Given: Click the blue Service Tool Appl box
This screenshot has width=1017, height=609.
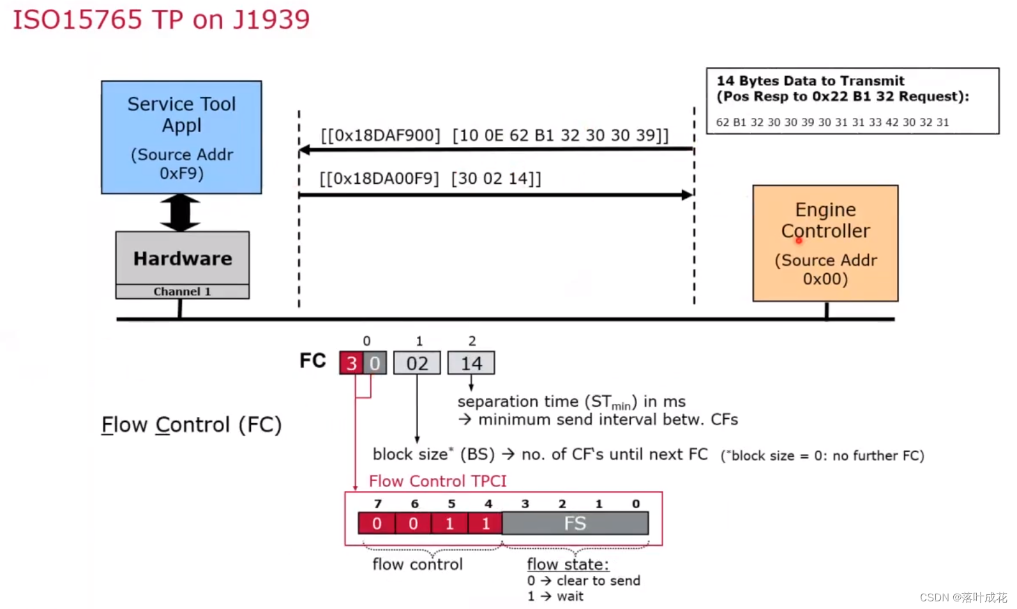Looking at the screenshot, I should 181,137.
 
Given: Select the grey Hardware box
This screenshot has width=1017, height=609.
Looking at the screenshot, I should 183,258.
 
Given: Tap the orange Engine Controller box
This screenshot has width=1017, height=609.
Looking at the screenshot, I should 825,243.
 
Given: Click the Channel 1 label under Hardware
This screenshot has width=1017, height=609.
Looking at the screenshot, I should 182,292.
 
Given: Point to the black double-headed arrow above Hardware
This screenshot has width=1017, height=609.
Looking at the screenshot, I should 180,213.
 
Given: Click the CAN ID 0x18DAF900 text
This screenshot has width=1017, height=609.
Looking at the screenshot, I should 380,135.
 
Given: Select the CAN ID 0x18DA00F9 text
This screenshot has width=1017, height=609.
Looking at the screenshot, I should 379,179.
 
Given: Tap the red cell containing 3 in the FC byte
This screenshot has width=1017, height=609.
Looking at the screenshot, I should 351,363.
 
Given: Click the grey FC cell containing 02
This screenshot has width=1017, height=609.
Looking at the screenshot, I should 417,363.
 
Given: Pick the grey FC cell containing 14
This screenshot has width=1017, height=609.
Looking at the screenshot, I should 471,363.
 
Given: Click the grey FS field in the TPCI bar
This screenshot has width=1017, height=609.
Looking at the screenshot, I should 575,523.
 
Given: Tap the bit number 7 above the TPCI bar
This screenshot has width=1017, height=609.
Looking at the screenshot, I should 378,504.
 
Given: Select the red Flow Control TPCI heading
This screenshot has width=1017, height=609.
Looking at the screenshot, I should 437,481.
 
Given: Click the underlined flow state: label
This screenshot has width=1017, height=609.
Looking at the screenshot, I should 568,564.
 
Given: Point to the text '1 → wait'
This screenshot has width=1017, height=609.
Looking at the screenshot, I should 555,596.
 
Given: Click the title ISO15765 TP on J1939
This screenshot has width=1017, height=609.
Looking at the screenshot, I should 162,19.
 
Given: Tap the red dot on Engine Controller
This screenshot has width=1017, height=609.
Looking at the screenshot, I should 799,241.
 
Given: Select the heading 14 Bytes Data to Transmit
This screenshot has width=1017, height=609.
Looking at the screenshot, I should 810,81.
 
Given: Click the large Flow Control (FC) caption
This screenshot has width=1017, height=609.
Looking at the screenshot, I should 192,425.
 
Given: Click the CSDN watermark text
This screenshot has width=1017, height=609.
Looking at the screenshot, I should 963,598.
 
